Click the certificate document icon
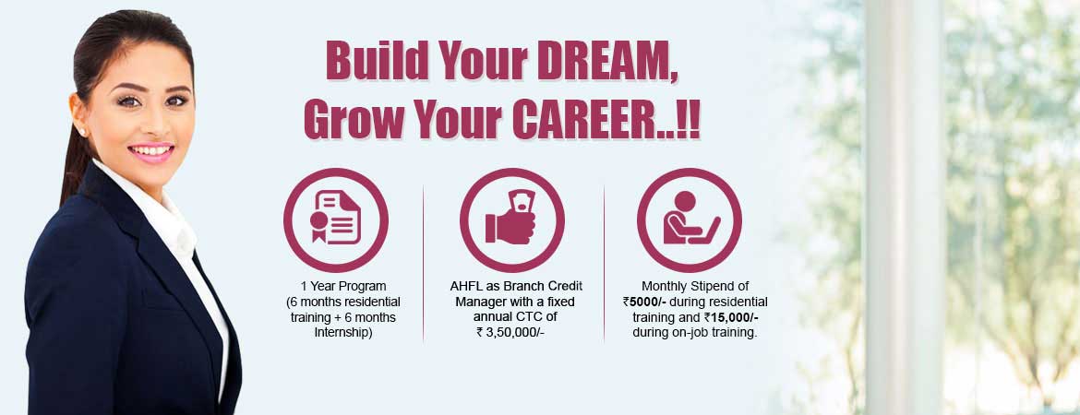pyautogui.click(x=335, y=218)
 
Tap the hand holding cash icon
pyautogui.click(x=510, y=218)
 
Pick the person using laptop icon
pyautogui.click(x=690, y=218)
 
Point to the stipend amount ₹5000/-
pyautogui.click(x=643, y=302)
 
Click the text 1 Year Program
pyautogui.click(x=343, y=286)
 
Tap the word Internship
pyautogui.click(x=342, y=333)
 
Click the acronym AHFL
pyautogui.click(x=465, y=286)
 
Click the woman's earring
pyautogui.click(x=82, y=131)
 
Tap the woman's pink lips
pyautogui.click(x=150, y=152)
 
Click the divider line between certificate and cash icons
pyautogui.click(x=423, y=263)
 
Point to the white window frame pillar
pyautogui.click(x=905, y=207)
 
